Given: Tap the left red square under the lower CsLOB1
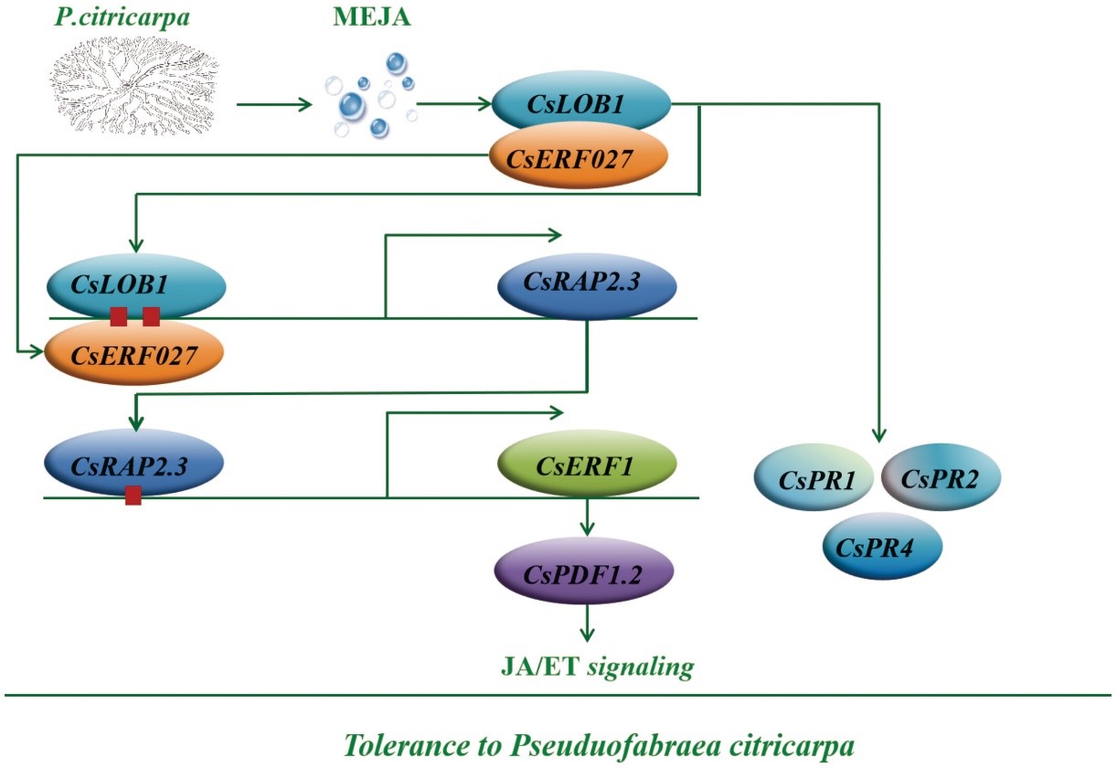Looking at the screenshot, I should click(x=119, y=317).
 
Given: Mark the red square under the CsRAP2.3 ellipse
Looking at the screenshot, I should click(x=133, y=496).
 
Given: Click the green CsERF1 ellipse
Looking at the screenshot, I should click(x=587, y=466).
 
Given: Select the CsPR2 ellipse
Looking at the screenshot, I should click(x=941, y=476).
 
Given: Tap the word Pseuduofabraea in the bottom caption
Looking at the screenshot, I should click(x=609, y=742).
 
